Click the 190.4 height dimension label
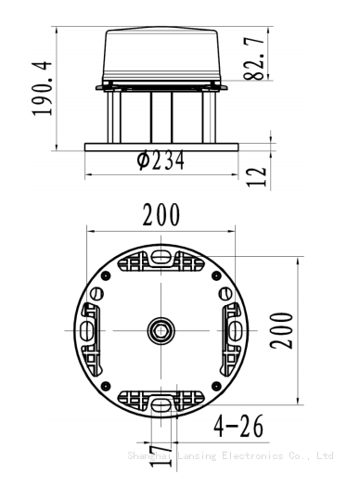click(x=42, y=89)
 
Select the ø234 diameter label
click(x=161, y=160)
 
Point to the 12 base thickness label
click(x=256, y=176)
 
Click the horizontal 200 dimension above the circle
click(x=161, y=214)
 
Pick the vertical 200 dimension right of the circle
click(x=281, y=331)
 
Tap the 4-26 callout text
click(x=238, y=427)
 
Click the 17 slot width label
click(x=161, y=456)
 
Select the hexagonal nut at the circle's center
click(x=161, y=330)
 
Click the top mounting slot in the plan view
click(x=161, y=257)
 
